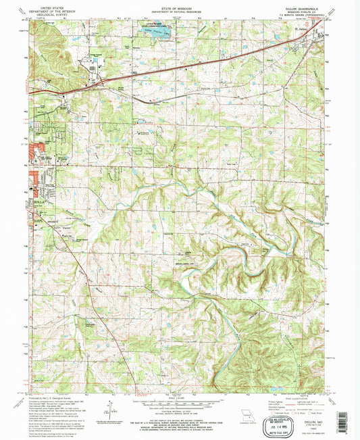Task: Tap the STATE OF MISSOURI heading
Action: (180, 5)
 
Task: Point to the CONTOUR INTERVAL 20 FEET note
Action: (180, 410)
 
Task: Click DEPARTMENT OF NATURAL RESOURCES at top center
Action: (180, 9)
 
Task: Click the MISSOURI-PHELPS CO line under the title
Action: (311, 9)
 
